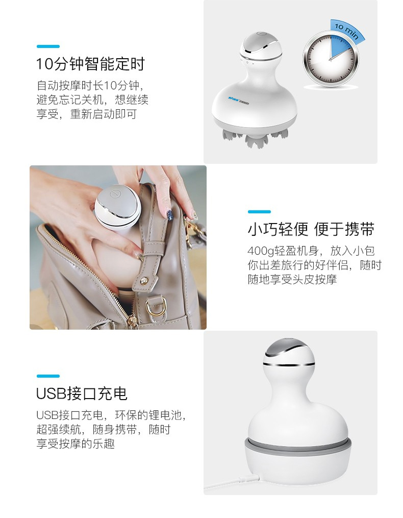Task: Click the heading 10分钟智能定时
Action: tap(90, 64)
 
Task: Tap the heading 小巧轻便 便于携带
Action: tap(311, 229)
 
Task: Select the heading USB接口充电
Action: tap(82, 393)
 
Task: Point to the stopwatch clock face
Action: tap(331, 60)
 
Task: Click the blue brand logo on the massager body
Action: tap(239, 100)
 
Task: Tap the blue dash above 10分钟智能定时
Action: tap(48, 46)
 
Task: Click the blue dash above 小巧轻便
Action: tap(259, 211)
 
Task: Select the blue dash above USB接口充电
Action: tap(48, 376)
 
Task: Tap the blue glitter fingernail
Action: tap(169, 215)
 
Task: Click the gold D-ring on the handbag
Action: tap(155, 308)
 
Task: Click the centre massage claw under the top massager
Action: tap(254, 140)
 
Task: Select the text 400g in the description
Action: tap(261, 251)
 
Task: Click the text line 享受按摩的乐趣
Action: tap(75, 443)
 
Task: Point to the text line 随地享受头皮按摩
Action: tap(292, 280)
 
